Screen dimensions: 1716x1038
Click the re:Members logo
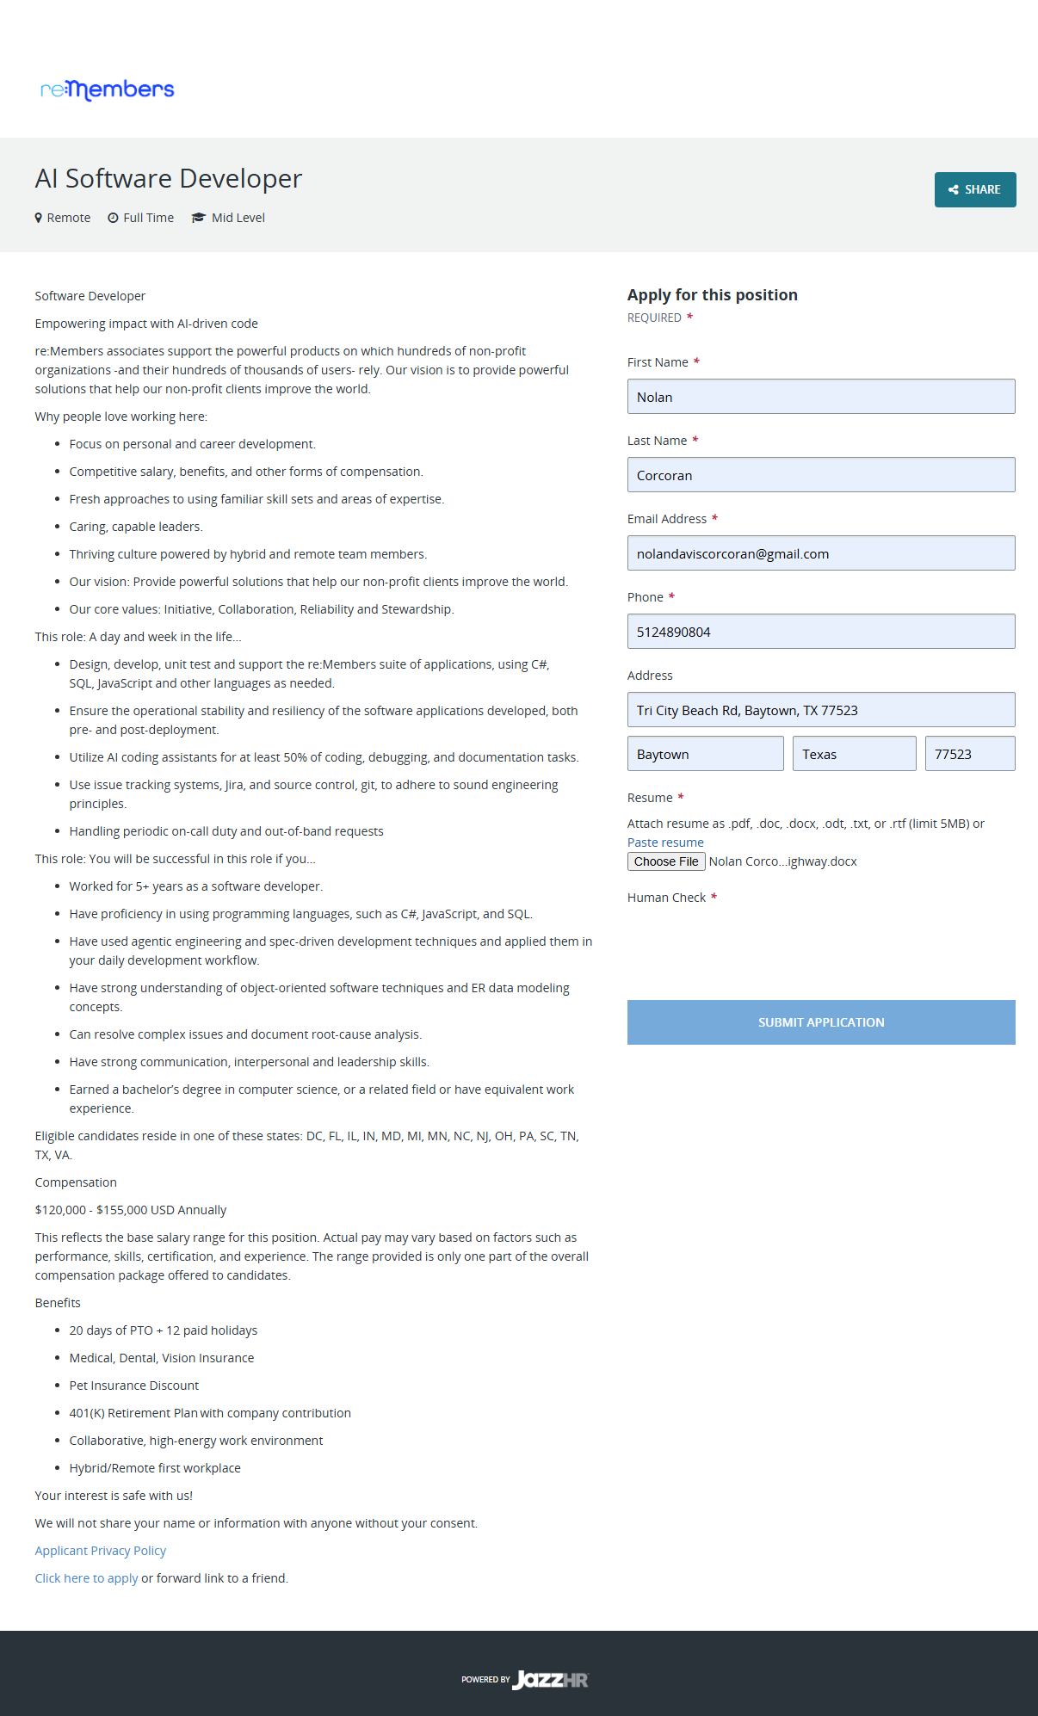108,90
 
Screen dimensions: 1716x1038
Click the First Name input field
820,397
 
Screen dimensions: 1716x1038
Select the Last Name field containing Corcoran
820,475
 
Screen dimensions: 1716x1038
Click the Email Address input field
820,553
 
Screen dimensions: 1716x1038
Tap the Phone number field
820,632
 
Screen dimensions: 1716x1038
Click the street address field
820,710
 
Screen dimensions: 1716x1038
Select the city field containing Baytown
705,754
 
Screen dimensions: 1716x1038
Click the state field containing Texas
854,754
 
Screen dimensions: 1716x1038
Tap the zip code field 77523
969,754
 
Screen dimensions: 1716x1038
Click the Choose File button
666,861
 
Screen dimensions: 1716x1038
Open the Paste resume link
665,843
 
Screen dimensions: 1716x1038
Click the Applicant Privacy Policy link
101,1551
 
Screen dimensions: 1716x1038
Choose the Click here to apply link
86,1578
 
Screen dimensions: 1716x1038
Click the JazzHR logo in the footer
550,1680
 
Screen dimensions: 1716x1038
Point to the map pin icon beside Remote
39,218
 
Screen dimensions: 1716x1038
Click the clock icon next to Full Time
113,218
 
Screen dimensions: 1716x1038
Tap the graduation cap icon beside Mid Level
199,218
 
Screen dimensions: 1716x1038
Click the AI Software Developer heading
169,178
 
